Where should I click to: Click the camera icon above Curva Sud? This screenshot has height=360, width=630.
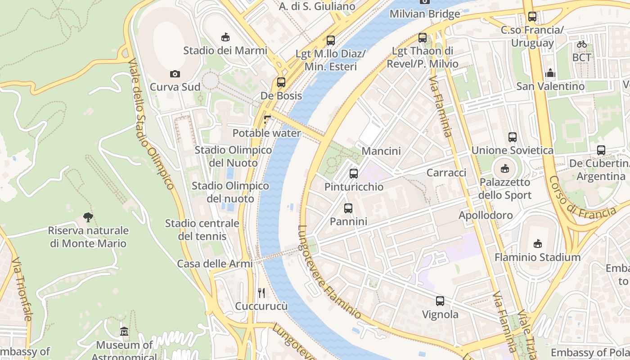(175, 74)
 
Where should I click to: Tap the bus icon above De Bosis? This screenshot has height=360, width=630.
(281, 82)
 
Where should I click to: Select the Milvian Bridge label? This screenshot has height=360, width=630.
(425, 14)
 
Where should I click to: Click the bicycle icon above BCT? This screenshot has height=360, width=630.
(582, 45)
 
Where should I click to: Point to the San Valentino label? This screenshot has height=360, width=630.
(550, 86)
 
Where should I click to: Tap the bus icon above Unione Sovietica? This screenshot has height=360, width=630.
(512, 137)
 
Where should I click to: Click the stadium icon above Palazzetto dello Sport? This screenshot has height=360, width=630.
(505, 169)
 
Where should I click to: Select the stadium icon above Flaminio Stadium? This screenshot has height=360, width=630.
(537, 244)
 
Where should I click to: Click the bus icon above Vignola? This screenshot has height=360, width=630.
(440, 301)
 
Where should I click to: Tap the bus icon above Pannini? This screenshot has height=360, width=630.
(348, 208)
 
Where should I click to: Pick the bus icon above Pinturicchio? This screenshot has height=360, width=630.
(354, 173)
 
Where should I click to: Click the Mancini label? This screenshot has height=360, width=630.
(381, 151)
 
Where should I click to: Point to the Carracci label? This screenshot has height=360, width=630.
(446, 173)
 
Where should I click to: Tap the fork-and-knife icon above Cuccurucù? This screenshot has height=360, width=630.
(261, 293)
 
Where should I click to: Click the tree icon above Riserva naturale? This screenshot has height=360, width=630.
(88, 218)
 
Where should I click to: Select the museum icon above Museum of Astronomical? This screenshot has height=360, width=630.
(124, 332)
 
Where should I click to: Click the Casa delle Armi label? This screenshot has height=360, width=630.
(215, 264)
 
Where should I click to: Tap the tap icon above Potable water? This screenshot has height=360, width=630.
(267, 120)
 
